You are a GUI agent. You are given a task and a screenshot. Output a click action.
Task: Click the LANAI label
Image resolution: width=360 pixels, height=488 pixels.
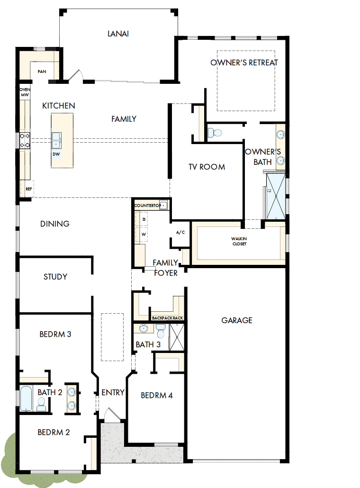[118, 34]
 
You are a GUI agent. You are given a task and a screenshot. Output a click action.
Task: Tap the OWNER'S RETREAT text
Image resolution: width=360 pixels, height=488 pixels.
[244, 63]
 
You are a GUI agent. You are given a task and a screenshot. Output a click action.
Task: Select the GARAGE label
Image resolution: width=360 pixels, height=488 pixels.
[237, 320]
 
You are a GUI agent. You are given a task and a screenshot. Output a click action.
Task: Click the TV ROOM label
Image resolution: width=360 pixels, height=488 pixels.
[207, 167]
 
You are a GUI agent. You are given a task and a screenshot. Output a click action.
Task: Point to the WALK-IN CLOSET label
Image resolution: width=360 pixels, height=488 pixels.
[239, 241]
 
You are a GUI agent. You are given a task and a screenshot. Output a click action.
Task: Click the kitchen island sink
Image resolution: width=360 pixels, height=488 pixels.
[57, 140]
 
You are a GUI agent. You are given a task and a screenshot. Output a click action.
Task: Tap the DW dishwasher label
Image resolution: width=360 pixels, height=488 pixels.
[56, 154]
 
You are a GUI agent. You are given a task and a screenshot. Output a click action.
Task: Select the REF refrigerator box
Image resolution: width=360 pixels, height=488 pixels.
[28, 189]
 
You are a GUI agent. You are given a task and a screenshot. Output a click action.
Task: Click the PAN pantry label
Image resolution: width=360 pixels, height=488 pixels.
[42, 72]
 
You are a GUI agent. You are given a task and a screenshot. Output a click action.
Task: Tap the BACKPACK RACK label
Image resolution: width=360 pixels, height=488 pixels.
[167, 318]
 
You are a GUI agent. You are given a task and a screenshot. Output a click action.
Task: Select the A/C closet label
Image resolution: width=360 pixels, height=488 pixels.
[180, 233]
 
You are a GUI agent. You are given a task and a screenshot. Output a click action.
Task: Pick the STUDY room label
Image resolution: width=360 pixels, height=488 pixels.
[55, 277]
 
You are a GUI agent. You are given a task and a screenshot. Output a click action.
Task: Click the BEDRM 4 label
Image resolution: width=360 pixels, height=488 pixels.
[157, 395]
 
